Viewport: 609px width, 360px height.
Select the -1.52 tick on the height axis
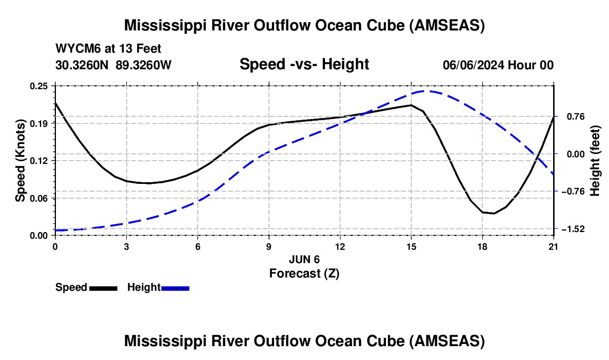click(570, 229)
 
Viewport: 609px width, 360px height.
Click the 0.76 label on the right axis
click(570, 116)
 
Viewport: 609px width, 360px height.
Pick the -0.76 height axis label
click(570, 191)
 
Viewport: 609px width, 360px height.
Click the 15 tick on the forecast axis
click(411, 246)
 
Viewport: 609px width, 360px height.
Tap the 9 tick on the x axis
click(269, 246)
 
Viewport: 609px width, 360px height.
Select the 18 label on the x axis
click(482, 246)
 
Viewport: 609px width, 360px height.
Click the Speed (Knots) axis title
click(20, 161)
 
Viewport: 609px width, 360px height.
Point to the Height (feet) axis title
click(595, 161)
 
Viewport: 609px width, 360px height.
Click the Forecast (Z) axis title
click(304, 273)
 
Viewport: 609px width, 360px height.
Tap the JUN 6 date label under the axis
click(304, 259)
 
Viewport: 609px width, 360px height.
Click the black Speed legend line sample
click(103, 288)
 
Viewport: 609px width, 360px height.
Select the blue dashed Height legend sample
click(175, 288)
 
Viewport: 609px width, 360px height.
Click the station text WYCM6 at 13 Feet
click(109, 49)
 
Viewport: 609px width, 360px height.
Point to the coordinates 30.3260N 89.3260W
click(113, 65)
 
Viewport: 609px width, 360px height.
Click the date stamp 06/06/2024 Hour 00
click(498, 65)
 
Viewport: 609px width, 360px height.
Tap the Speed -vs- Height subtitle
click(304, 64)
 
